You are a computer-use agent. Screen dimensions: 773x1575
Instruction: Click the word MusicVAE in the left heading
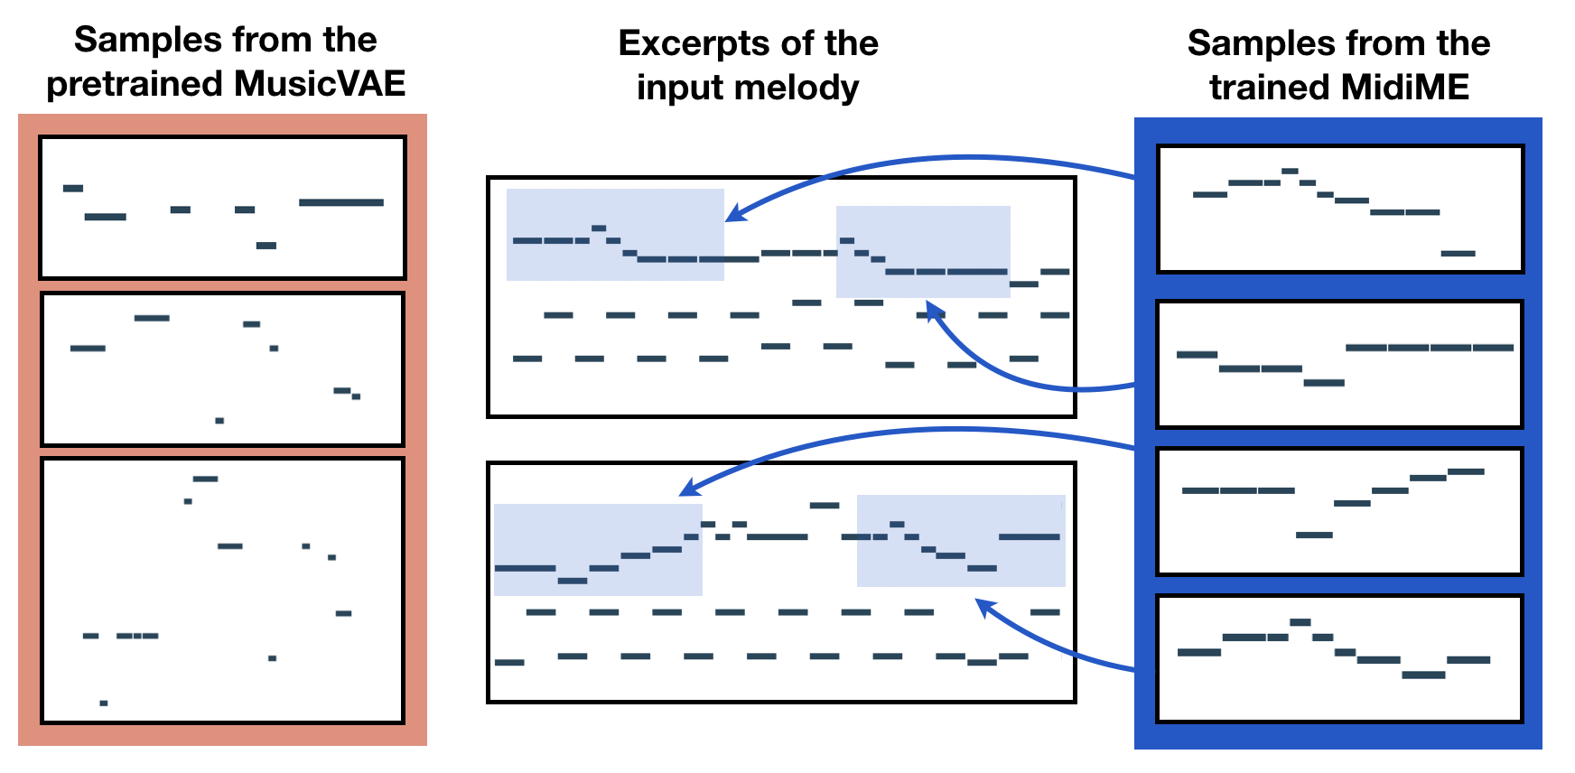point(320,84)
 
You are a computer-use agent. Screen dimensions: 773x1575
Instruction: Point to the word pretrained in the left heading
point(135,84)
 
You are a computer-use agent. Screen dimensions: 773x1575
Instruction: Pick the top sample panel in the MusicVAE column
point(222,208)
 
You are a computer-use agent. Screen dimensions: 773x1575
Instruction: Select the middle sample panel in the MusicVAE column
point(222,368)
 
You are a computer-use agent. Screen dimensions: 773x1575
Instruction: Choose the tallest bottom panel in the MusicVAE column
point(222,591)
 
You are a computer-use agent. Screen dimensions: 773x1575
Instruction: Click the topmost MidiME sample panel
point(1339,209)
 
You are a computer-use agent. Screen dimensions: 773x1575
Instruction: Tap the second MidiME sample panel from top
point(1339,364)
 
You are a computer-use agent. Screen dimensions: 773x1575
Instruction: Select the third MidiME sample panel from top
point(1339,511)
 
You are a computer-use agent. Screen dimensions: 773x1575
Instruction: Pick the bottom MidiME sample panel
point(1339,658)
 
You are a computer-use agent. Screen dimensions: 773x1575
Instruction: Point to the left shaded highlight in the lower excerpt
point(598,549)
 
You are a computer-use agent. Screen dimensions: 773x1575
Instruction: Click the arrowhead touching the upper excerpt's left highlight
point(734,215)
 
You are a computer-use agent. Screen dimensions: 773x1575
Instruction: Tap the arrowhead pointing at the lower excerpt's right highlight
point(985,607)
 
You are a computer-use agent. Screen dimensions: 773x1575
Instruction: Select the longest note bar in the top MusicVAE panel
point(341,202)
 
